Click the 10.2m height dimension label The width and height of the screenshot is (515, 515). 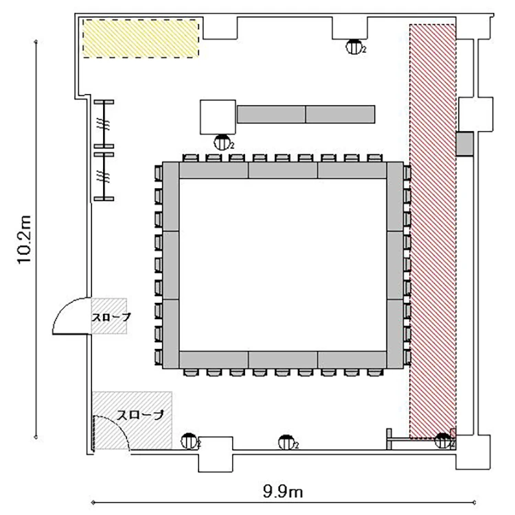(24, 240)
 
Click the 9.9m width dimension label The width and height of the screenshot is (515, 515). (283, 492)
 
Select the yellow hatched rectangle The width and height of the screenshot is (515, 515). (141, 38)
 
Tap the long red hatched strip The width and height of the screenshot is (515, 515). (433, 231)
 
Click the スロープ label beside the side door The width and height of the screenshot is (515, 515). (111, 317)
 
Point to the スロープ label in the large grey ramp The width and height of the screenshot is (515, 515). (140, 415)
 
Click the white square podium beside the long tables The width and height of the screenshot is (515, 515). (218, 117)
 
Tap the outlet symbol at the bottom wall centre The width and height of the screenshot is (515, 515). (288, 442)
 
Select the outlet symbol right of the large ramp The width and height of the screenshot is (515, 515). (190, 441)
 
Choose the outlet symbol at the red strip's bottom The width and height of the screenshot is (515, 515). (444, 440)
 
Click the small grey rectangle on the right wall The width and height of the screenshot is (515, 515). (465, 144)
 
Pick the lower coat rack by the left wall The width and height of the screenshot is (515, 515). (104, 176)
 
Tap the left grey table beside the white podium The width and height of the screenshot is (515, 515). (271, 114)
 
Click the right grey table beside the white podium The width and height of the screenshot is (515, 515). (341, 114)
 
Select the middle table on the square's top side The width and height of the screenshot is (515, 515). (283, 170)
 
